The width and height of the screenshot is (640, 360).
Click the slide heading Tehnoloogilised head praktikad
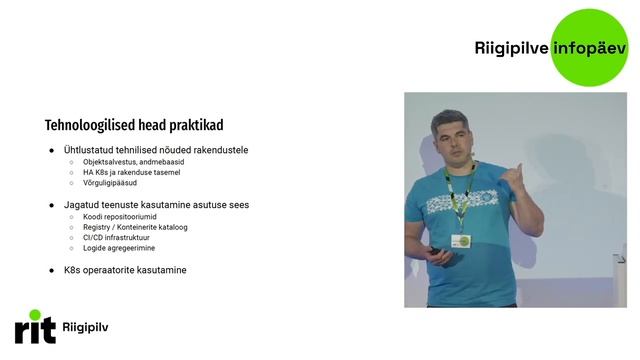coord(134,126)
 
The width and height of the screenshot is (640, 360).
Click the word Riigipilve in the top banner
coord(511,47)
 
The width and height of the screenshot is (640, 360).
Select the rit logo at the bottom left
coord(35,327)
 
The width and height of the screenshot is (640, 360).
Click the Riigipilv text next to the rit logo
coord(85,328)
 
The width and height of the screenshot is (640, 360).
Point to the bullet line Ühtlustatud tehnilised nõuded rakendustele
coord(155,150)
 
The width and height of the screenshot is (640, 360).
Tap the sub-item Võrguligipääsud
coord(110,184)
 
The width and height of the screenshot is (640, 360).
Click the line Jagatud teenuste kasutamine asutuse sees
coord(156,205)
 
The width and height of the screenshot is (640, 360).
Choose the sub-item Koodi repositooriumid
coord(120,217)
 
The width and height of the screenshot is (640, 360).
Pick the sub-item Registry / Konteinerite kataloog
coord(135,228)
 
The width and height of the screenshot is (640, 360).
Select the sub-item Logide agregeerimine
coord(119,249)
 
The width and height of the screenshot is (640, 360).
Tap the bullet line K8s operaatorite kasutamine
coord(125,270)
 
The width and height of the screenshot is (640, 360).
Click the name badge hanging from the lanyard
coord(461,241)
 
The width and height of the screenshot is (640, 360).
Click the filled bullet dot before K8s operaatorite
coord(52,270)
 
